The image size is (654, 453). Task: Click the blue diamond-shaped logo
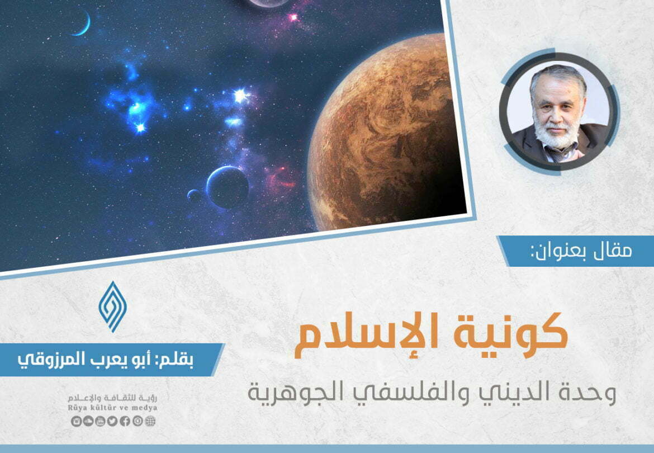[x=112, y=306]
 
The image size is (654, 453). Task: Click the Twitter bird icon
[x=112, y=421]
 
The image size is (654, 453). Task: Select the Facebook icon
[x=125, y=421]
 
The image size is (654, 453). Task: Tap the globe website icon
[x=150, y=421]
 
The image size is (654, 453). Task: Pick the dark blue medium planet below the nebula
[x=228, y=187]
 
